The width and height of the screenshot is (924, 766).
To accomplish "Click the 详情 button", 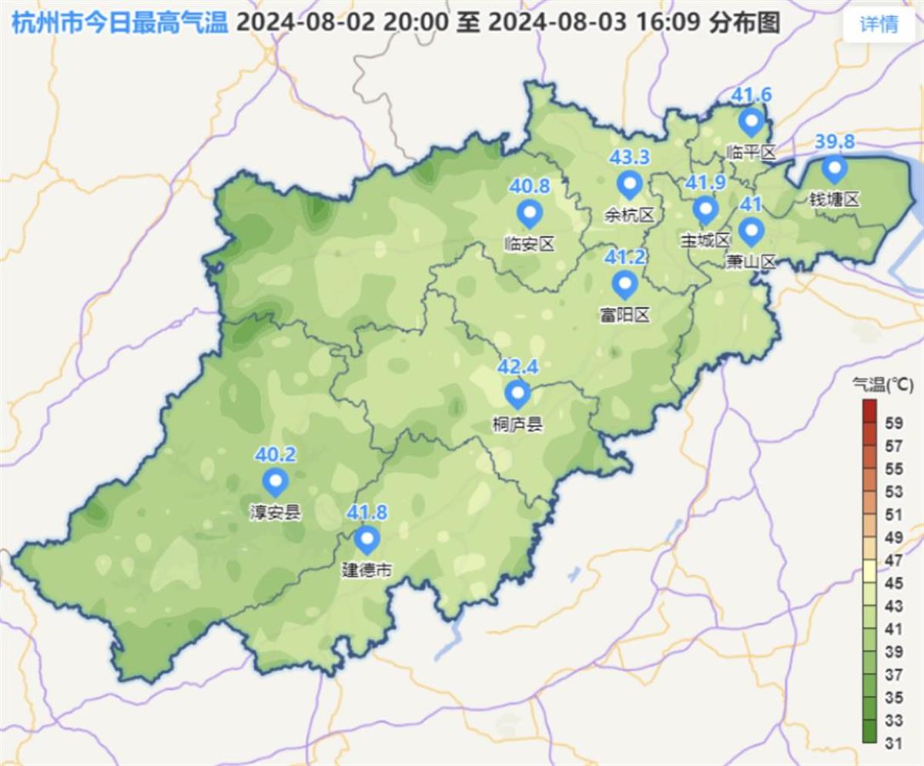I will (x=879, y=25).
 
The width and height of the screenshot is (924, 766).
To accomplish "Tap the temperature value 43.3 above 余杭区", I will (x=629, y=158).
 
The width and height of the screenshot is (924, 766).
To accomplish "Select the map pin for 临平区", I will (x=751, y=122).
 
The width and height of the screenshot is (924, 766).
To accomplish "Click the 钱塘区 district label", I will (x=833, y=199).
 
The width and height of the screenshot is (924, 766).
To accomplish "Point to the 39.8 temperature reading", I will (x=835, y=142).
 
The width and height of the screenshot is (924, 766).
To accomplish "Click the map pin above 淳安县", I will (x=275, y=483).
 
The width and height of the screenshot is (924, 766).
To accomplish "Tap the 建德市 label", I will (x=367, y=570).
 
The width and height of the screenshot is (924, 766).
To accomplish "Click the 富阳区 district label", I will (x=624, y=314).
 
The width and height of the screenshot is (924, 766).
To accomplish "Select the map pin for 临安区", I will (x=529, y=213).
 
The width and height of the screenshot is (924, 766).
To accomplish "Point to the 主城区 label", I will (x=705, y=240).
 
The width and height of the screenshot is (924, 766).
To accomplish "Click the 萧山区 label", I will (x=751, y=262).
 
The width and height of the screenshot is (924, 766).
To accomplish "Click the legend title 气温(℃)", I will (x=882, y=383).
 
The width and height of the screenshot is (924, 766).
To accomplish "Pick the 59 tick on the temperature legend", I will (x=894, y=423).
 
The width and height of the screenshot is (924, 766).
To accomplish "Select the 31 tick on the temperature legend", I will (x=894, y=743).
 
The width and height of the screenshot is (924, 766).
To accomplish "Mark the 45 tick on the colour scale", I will (x=894, y=583).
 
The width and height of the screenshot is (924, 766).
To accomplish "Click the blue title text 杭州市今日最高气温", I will (x=120, y=23).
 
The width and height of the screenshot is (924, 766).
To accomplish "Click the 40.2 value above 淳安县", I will (x=275, y=455).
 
